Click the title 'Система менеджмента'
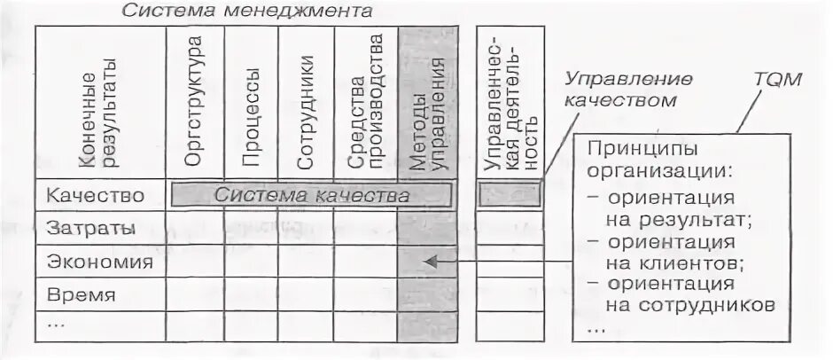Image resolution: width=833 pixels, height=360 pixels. point(246,12)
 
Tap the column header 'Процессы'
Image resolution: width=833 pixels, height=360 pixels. point(251,116)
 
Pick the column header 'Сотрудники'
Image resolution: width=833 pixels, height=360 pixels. point(307,113)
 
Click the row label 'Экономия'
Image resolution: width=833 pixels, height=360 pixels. point(100,262)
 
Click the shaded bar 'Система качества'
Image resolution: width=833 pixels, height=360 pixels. point(313,195)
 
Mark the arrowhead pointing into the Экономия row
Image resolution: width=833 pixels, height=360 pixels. point(430,262)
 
